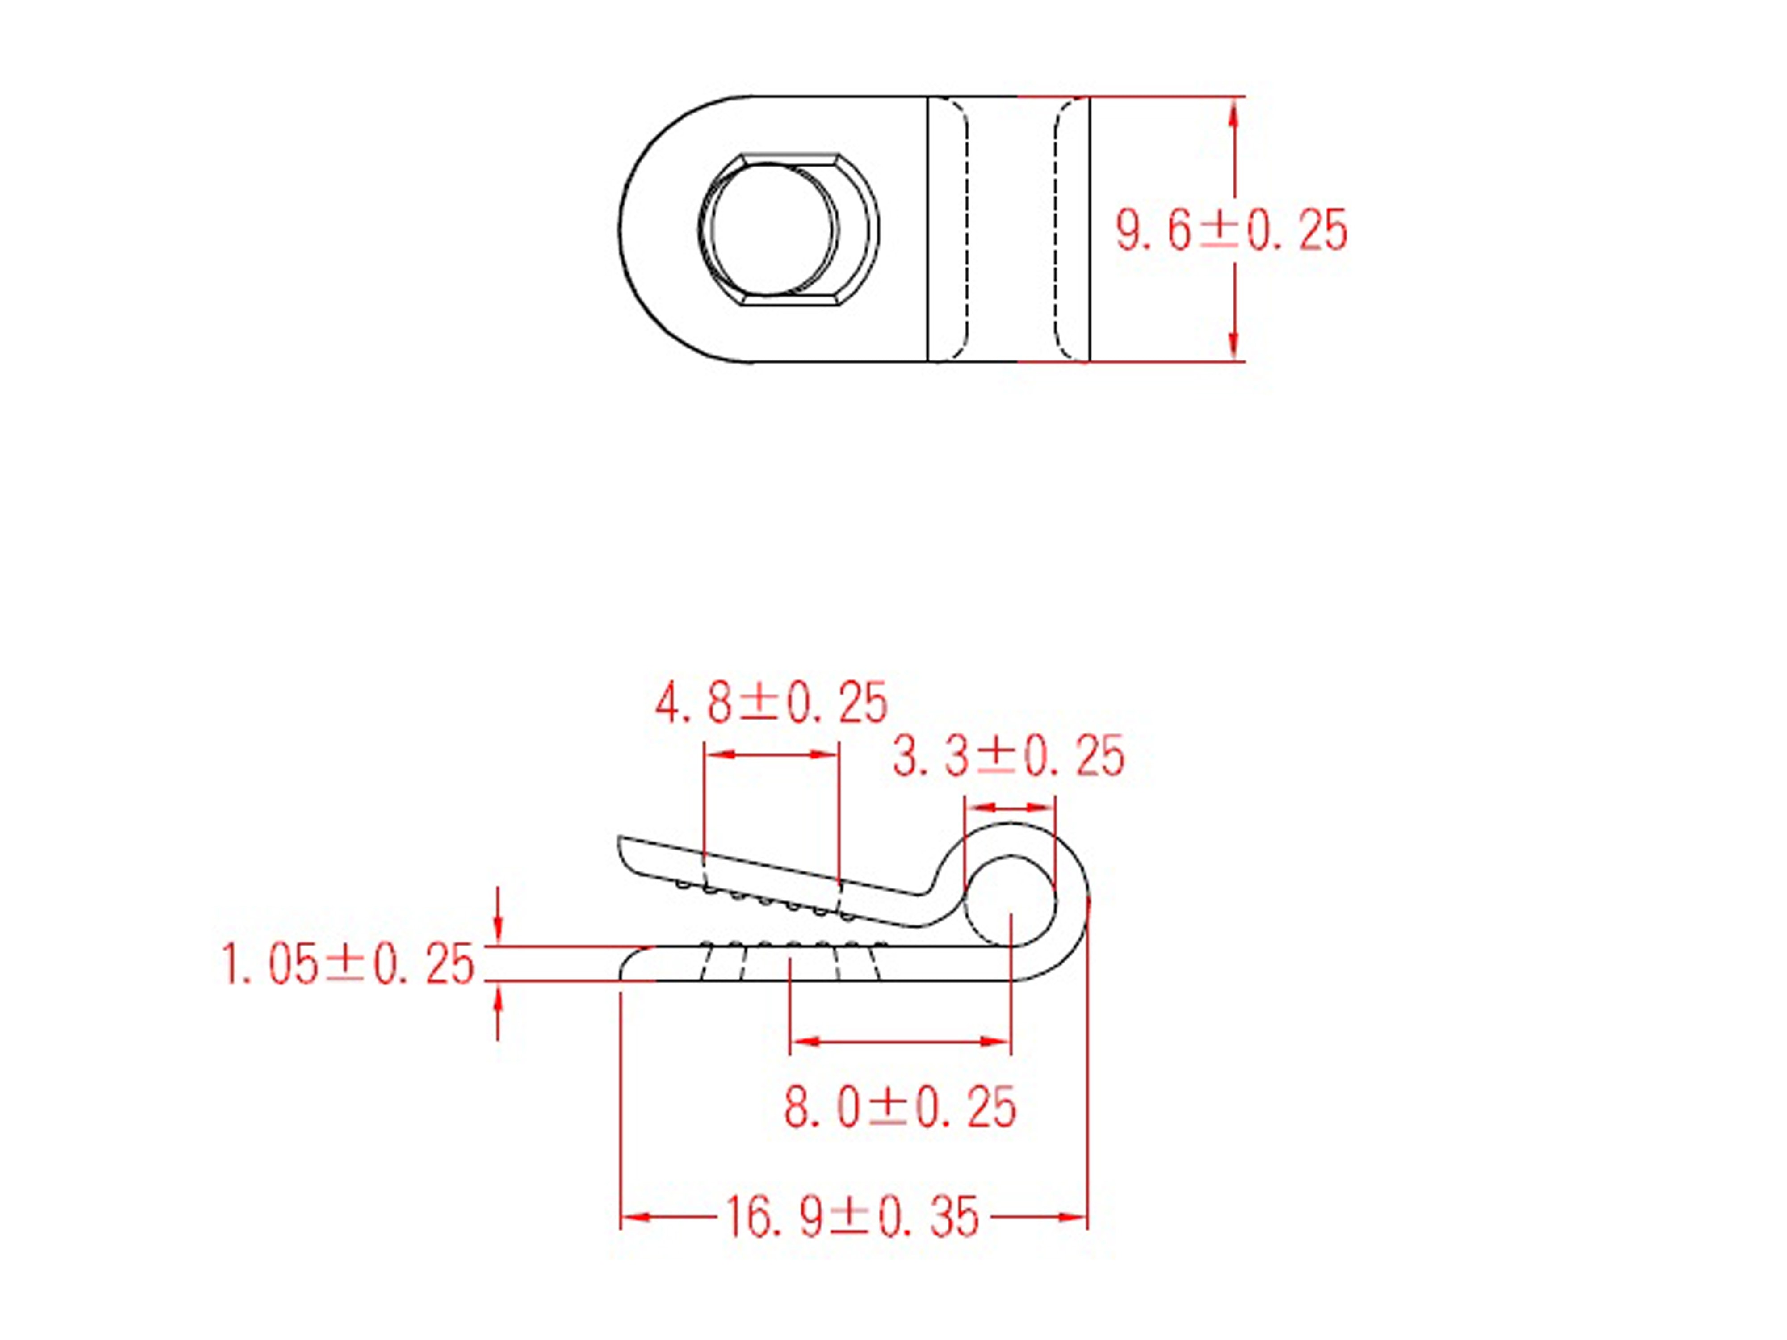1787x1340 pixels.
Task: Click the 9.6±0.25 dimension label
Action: click(1231, 230)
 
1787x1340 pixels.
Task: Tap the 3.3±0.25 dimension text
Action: click(1008, 757)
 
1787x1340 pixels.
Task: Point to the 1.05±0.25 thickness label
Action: click(348, 964)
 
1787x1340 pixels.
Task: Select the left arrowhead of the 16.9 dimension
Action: click(634, 1216)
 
